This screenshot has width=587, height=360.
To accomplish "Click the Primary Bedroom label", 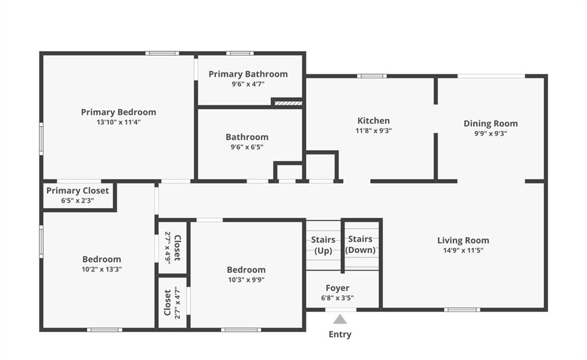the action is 118,112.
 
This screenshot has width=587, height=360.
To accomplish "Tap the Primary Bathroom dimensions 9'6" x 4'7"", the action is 248,84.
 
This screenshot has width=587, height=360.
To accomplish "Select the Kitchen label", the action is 374,120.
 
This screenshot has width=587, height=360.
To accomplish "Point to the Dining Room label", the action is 491,123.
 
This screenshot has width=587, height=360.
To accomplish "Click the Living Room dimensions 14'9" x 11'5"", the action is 463,251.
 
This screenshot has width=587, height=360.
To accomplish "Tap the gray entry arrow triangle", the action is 340,319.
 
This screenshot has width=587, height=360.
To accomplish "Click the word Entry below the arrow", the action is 340,334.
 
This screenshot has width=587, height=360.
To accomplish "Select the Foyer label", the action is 337,288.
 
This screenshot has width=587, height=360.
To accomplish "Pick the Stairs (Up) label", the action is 323,245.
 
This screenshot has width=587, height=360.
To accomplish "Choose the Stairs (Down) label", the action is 360,244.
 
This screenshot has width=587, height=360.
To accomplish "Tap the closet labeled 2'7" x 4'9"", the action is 173,248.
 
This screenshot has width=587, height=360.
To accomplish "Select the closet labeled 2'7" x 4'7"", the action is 172,302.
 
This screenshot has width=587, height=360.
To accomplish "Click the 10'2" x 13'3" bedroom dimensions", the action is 102,269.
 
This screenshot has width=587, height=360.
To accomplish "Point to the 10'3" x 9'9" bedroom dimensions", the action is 246,280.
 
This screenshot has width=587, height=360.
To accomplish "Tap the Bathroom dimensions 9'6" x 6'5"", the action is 246,147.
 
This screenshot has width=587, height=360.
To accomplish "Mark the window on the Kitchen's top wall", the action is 371,76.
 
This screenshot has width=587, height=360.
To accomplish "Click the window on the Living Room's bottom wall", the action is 462,310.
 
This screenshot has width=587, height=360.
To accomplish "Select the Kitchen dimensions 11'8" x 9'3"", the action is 374,131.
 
